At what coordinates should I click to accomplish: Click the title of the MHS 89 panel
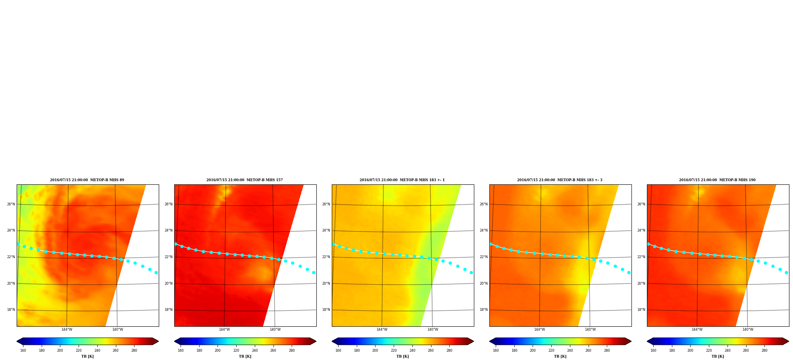click(x=87, y=180)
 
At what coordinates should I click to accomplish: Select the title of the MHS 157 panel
click(x=244, y=180)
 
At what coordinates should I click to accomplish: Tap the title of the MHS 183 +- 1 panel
click(x=402, y=180)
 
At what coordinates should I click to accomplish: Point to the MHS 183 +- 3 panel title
click(x=560, y=180)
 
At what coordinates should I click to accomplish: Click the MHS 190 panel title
click(x=717, y=180)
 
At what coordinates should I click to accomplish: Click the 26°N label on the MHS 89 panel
click(x=11, y=205)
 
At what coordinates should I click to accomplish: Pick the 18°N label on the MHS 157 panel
click(x=168, y=310)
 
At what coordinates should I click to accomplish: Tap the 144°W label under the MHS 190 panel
click(x=697, y=329)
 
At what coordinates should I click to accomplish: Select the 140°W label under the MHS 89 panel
click(x=117, y=329)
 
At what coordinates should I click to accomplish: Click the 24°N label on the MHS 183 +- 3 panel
click(x=483, y=231)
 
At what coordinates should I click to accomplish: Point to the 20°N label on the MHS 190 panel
click(x=641, y=284)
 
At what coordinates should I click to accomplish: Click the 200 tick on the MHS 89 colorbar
click(x=60, y=351)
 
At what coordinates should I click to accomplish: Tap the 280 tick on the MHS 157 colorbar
click(x=292, y=351)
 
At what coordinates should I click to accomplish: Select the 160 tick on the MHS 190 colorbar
click(x=653, y=351)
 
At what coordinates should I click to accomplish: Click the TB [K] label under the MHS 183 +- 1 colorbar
click(x=402, y=356)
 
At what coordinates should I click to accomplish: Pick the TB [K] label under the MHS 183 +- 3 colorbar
click(x=560, y=356)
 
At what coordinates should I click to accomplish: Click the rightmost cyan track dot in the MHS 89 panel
click(x=156, y=273)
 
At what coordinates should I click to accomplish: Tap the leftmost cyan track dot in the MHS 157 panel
click(x=176, y=244)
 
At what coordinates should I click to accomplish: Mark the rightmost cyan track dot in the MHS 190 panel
click(x=786, y=273)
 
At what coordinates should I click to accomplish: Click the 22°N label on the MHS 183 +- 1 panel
click(x=326, y=257)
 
